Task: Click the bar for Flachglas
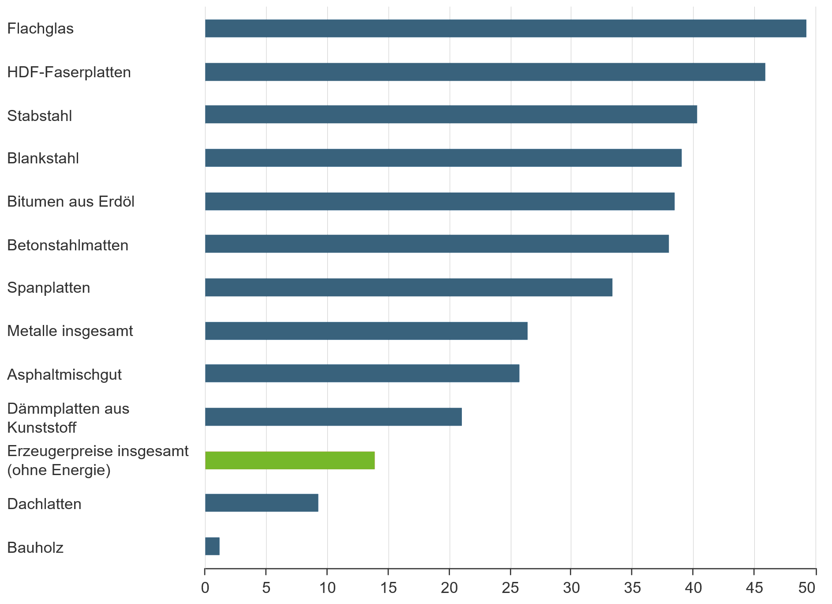505,29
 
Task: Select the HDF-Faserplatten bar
485,72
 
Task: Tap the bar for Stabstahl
450,114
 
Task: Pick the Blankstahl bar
443,158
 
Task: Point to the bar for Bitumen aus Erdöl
439,201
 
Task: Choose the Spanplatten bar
409,287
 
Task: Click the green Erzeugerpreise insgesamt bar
290,461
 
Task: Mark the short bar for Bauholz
212,547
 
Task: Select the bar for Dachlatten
262,503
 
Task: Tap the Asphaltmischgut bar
362,374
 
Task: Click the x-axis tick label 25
510,588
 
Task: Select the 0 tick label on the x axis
205,588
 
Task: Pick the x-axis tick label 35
632,588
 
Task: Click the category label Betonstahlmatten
68,245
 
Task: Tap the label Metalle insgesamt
70,331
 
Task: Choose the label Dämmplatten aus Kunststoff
68,418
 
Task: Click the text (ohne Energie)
59,470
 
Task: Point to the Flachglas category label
41,29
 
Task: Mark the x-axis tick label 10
327,588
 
